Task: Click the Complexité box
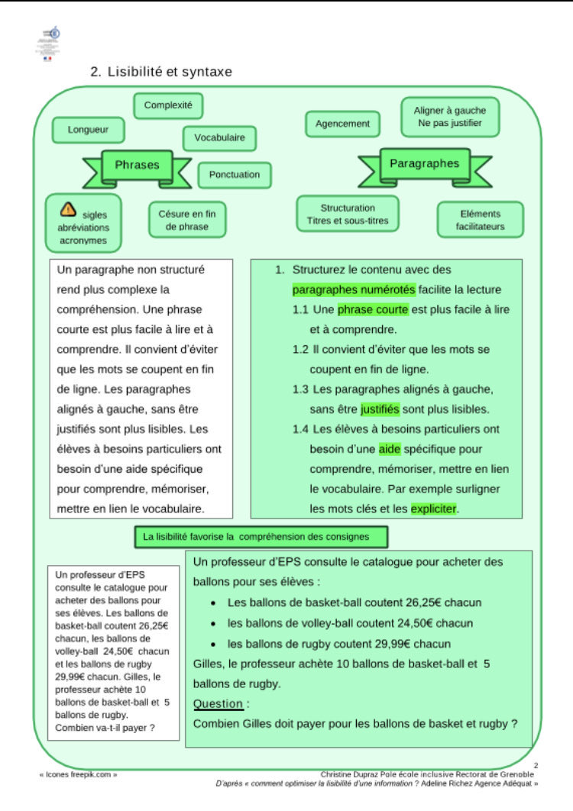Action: click(168, 105)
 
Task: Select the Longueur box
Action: click(88, 130)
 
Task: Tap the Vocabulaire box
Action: click(219, 138)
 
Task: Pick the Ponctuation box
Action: click(235, 175)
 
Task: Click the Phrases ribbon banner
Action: click(138, 166)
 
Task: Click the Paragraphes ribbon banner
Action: click(424, 164)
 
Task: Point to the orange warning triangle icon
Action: click(68, 208)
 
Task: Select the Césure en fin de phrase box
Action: click(187, 220)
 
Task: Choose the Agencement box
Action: click(343, 124)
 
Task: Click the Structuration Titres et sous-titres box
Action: click(348, 214)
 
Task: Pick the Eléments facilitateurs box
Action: click(480, 220)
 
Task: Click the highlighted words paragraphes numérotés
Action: click(354, 289)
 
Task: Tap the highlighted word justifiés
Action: click(380, 409)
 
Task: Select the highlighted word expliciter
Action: click(434, 508)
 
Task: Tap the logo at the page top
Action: click(50, 42)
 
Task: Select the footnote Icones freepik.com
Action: click(78, 774)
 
